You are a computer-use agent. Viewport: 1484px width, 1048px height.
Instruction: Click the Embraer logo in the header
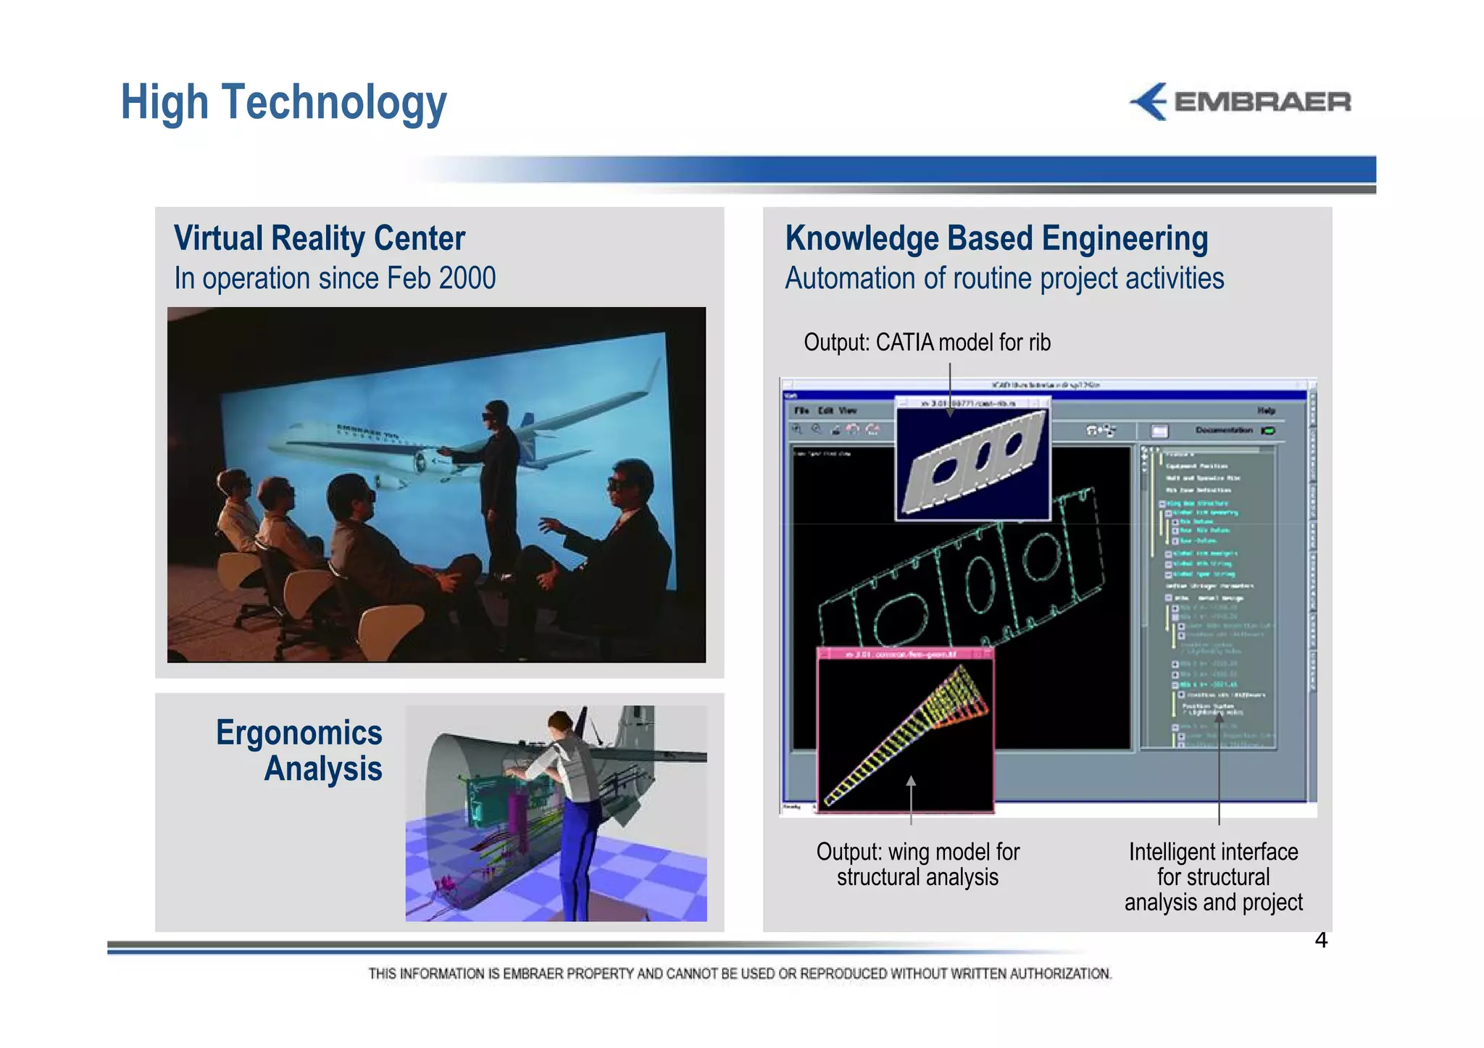(x=1241, y=101)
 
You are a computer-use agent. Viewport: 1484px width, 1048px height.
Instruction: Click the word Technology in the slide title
(x=334, y=103)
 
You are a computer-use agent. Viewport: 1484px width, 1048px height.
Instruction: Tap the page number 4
(x=1321, y=940)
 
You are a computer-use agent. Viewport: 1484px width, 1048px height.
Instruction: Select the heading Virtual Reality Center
(x=320, y=238)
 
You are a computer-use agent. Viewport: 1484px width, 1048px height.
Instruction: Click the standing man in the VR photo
(x=499, y=478)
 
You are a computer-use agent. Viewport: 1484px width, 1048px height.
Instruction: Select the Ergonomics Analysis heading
(x=299, y=750)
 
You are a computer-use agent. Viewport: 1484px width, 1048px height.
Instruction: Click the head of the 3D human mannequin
(x=559, y=721)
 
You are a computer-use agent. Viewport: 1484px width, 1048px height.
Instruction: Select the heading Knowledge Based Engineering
(x=996, y=238)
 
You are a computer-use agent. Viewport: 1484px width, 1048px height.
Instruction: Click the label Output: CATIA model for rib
(x=927, y=342)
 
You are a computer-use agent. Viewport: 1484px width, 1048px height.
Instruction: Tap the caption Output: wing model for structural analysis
(x=917, y=864)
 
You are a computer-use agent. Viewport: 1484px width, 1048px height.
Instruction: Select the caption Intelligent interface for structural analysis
(x=1213, y=876)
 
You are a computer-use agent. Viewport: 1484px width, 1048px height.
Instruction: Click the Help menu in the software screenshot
(x=1265, y=411)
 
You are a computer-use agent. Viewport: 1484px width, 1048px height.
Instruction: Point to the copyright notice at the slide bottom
(x=739, y=973)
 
